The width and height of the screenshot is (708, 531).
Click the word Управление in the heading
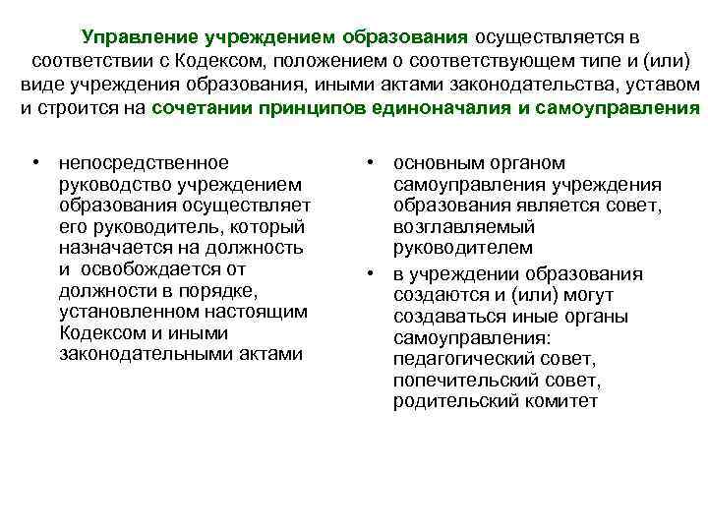coord(141,37)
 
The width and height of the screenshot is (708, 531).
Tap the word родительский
coord(460,401)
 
